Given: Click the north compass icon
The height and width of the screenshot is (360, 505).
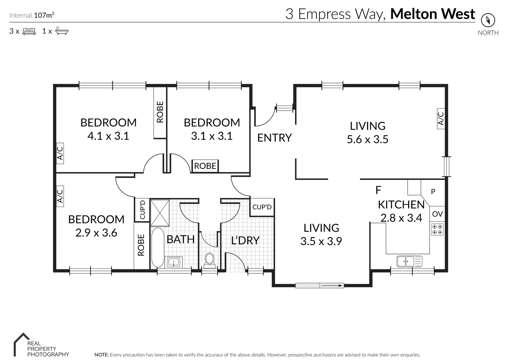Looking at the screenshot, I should [x=488, y=20].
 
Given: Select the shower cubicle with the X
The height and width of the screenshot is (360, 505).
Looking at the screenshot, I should [x=160, y=213].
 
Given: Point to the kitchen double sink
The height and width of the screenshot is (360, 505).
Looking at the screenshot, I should [x=409, y=261].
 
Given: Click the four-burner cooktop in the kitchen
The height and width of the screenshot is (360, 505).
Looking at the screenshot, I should [x=437, y=229].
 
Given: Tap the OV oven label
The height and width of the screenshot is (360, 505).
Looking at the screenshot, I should [x=437, y=214].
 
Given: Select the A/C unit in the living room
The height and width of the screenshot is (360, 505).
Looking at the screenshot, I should [x=441, y=118].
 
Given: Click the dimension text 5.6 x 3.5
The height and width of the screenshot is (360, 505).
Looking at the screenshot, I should [x=367, y=139].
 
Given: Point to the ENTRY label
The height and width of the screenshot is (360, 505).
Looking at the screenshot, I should [x=274, y=138].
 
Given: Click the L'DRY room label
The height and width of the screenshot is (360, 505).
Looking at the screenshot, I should [x=245, y=240].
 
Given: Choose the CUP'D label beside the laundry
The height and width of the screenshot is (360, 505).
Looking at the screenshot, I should [x=262, y=207].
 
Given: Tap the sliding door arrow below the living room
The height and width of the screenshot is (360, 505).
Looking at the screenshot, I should [x=332, y=285].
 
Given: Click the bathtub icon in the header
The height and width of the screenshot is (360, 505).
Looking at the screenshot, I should [x=62, y=31].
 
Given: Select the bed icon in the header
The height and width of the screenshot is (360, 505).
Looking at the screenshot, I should [x=29, y=31].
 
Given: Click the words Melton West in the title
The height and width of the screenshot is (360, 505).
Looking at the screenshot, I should [x=432, y=14].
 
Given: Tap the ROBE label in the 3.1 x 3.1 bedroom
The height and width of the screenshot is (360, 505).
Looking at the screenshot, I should [x=205, y=166].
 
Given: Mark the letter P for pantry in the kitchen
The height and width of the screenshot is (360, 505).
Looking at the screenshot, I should [x=433, y=192].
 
